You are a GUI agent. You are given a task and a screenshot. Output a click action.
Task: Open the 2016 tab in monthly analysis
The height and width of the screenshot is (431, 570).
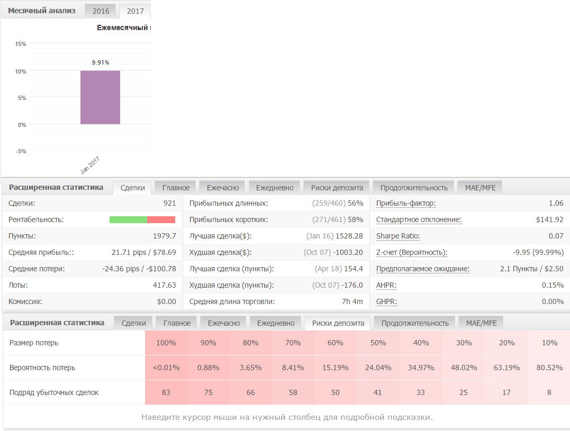pos(101,11)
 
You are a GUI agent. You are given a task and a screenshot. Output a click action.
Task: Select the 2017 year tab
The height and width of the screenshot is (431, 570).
pos(135,11)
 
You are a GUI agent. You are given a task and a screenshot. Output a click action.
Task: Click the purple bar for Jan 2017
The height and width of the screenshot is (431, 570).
pos(101,97)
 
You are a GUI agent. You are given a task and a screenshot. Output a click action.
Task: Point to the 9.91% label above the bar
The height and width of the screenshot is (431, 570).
pos(101,62)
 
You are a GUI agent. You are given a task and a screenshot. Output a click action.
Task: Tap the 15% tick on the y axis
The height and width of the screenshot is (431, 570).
pos(21,44)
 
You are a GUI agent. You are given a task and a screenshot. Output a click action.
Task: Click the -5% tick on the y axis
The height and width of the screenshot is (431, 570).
pos(21,151)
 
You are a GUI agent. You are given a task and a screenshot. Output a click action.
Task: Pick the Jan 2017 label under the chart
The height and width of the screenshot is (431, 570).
pos(90,165)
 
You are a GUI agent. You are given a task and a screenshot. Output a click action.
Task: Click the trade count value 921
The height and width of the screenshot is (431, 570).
pos(169,203)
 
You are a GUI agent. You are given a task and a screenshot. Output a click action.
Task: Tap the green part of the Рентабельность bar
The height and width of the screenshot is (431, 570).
pos(128,219)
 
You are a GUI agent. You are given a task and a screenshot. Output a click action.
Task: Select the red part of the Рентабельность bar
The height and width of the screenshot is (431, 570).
pos(161,219)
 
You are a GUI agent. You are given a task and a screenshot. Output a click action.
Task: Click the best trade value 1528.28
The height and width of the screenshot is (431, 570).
pos(349,236)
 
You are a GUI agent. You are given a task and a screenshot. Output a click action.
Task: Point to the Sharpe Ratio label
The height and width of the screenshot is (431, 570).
pos(398,236)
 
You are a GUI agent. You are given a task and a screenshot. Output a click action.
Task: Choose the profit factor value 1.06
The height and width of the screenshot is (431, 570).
pos(556,203)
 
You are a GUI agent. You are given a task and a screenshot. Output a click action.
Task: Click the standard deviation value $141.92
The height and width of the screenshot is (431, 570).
pos(550,219)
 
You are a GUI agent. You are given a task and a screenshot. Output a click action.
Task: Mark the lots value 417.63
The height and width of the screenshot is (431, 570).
pos(164,285)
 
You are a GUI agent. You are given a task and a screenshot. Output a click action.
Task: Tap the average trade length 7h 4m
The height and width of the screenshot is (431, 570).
pos(352,301)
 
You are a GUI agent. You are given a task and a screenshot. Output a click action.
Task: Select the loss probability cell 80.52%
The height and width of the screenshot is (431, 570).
pos(549,368)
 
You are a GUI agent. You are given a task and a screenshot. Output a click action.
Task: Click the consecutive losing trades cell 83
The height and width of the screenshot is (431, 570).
pos(166,392)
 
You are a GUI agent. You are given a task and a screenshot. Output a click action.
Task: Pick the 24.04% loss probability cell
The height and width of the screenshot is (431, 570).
pos(378,368)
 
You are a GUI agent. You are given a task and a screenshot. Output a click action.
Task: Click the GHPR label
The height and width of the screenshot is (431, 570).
pos(387,301)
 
